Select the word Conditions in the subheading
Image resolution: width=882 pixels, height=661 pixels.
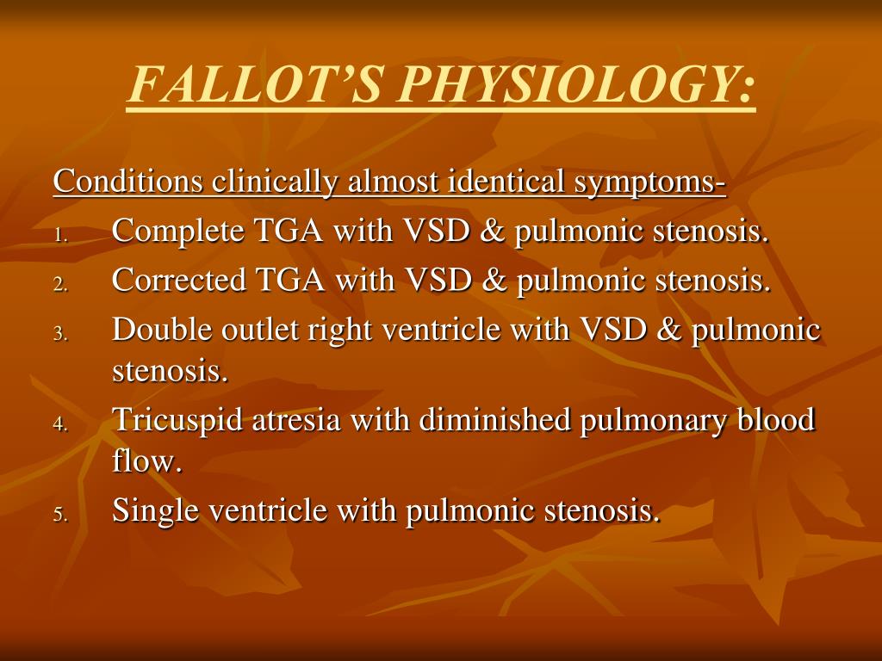pyautogui.click(x=129, y=182)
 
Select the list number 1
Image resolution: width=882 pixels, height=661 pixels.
pyautogui.click(x=59, y=235)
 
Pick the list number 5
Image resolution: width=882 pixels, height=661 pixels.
pyautogui.click(x=59, y=516)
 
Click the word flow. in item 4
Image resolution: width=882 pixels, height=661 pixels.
pyautogui.click(x=147, y=463)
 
